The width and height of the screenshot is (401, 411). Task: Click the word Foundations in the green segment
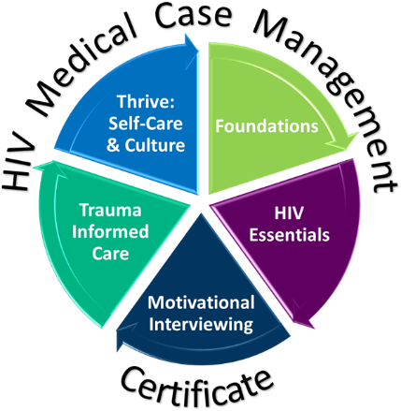tap(266, 126)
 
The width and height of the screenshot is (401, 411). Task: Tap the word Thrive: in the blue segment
tap(146, 102)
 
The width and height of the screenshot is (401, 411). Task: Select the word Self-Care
tap(146, 124)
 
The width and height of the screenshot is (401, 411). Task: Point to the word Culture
tap(155, 145)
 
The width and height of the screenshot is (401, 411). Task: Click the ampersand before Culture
tap(113, 146)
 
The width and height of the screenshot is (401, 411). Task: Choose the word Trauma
tap(110, 211)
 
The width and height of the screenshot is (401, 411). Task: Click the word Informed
tap(110, 232)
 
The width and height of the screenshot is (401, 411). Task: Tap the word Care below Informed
tap(110, 254)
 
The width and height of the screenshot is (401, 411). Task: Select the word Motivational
tap(201, 302)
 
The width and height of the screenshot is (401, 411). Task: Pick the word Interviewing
tap(201, 324)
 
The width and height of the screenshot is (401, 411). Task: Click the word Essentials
tap(289, 235)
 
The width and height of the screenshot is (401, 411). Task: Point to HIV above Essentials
tap(289, 213)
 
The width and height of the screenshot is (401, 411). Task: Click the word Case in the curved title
tap(193, 15)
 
